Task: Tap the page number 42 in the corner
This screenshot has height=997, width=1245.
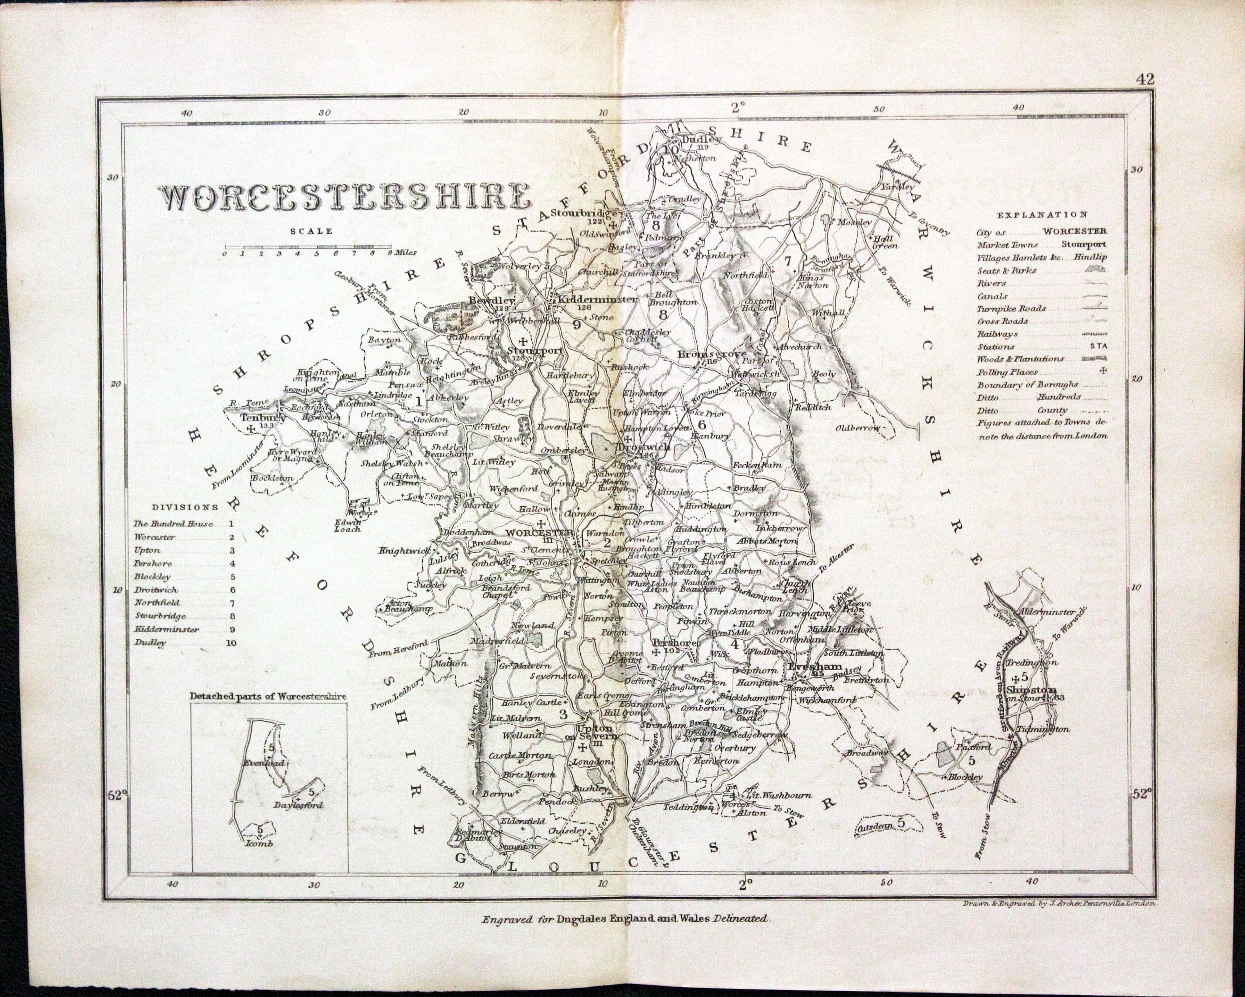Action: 1144,79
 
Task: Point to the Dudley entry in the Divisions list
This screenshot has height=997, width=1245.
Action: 150,642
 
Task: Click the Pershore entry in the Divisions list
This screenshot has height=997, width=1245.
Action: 153,563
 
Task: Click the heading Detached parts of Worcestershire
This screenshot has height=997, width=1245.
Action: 269,696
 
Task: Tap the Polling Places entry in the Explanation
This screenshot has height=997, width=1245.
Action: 1007,372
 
